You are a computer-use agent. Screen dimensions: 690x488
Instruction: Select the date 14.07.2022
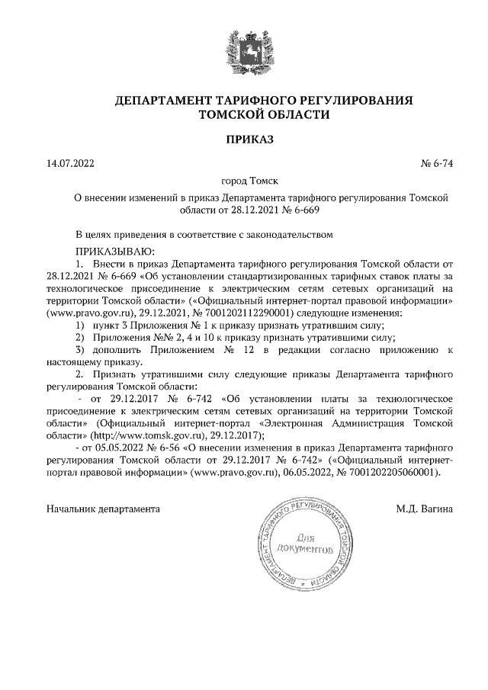click(70, 163)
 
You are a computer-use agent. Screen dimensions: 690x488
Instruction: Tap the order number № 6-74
click(437, 163)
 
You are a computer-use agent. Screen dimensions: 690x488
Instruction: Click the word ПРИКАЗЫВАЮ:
click(115, 251)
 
